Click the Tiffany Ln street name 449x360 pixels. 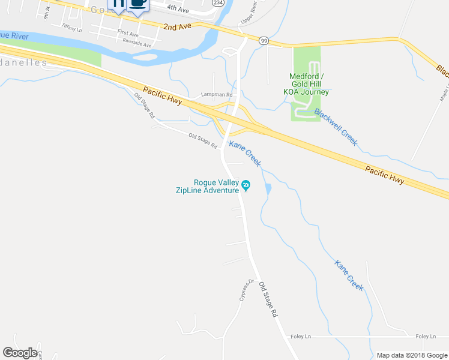tap(72, 28)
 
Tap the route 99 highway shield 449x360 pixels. tap(264, 40)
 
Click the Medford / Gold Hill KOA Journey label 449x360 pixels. tap(309, 84)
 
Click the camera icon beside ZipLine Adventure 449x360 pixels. tap(246, 184)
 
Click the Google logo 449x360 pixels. tap(20, 353)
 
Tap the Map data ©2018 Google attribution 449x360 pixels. tap(412, 355)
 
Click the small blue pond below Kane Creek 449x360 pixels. tap(267, 189)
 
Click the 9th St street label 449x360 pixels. tap(47, 11)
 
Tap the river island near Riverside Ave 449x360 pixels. tap(146, 58)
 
